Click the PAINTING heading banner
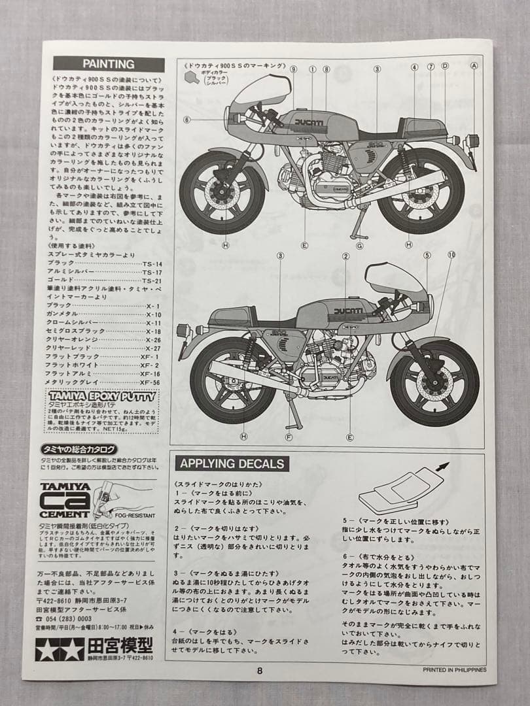click(x=108, y=64)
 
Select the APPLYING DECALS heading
click(x=232, y=464)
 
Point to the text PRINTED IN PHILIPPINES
click(x=455, y=670)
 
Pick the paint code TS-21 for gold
click(x=151, y=279)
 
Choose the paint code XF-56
click(x=150, y=382)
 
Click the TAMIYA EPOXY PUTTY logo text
click(x=101, y=396)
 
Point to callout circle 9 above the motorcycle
click(x=293, y=69)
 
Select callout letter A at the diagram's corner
click(x=474, y=66)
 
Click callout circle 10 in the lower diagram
click(x=451, y=254)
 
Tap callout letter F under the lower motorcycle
click(x=289, y=437)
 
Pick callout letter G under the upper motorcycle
click(x=359, y=245)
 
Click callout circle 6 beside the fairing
click(x=187, y=120)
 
